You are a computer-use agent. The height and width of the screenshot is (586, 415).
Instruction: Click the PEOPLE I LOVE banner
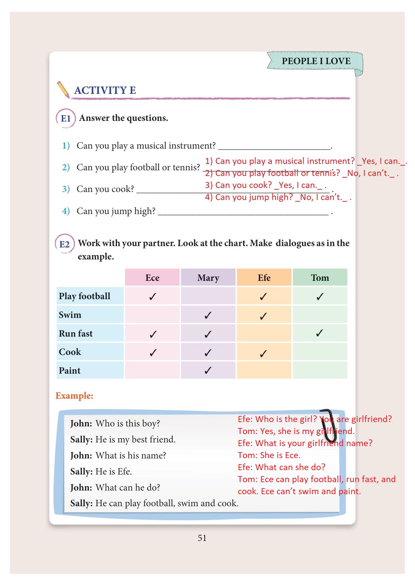(x=316, y=61)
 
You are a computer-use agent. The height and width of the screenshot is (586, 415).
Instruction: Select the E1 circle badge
(x=66, y=118)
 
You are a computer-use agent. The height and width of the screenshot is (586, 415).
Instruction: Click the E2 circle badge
(x=64, y=244)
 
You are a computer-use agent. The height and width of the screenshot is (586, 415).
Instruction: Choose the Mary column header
(x=208, y=278)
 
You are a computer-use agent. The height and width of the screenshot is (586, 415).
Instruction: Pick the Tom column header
(x=320, y=278)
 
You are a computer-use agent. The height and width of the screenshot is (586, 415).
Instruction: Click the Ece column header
(x=152, y=278)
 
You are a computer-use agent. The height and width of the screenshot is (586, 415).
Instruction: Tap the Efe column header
(x=264, y=278)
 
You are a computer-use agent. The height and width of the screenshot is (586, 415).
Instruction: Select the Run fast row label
(x=76, y=334)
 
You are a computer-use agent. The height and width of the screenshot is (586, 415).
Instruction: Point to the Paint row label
(x=70, y=371)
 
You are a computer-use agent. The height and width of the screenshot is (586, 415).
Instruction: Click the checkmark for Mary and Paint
(x=208, y=370)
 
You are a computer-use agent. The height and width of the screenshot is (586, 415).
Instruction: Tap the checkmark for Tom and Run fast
(x=319, y=333)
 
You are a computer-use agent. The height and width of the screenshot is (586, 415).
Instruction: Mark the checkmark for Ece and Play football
(x=152, y=297)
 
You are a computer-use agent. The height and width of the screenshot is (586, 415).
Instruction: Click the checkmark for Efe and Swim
(x=263, y=316)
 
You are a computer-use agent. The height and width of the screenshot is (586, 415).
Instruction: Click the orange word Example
(x=74, y=396)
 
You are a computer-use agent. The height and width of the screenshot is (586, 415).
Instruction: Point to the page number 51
(x=202, y=538)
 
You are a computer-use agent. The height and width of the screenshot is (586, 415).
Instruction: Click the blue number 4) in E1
(x=66, y=211)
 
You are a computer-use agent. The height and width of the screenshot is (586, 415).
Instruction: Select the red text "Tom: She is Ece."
(x=269, y=455)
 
